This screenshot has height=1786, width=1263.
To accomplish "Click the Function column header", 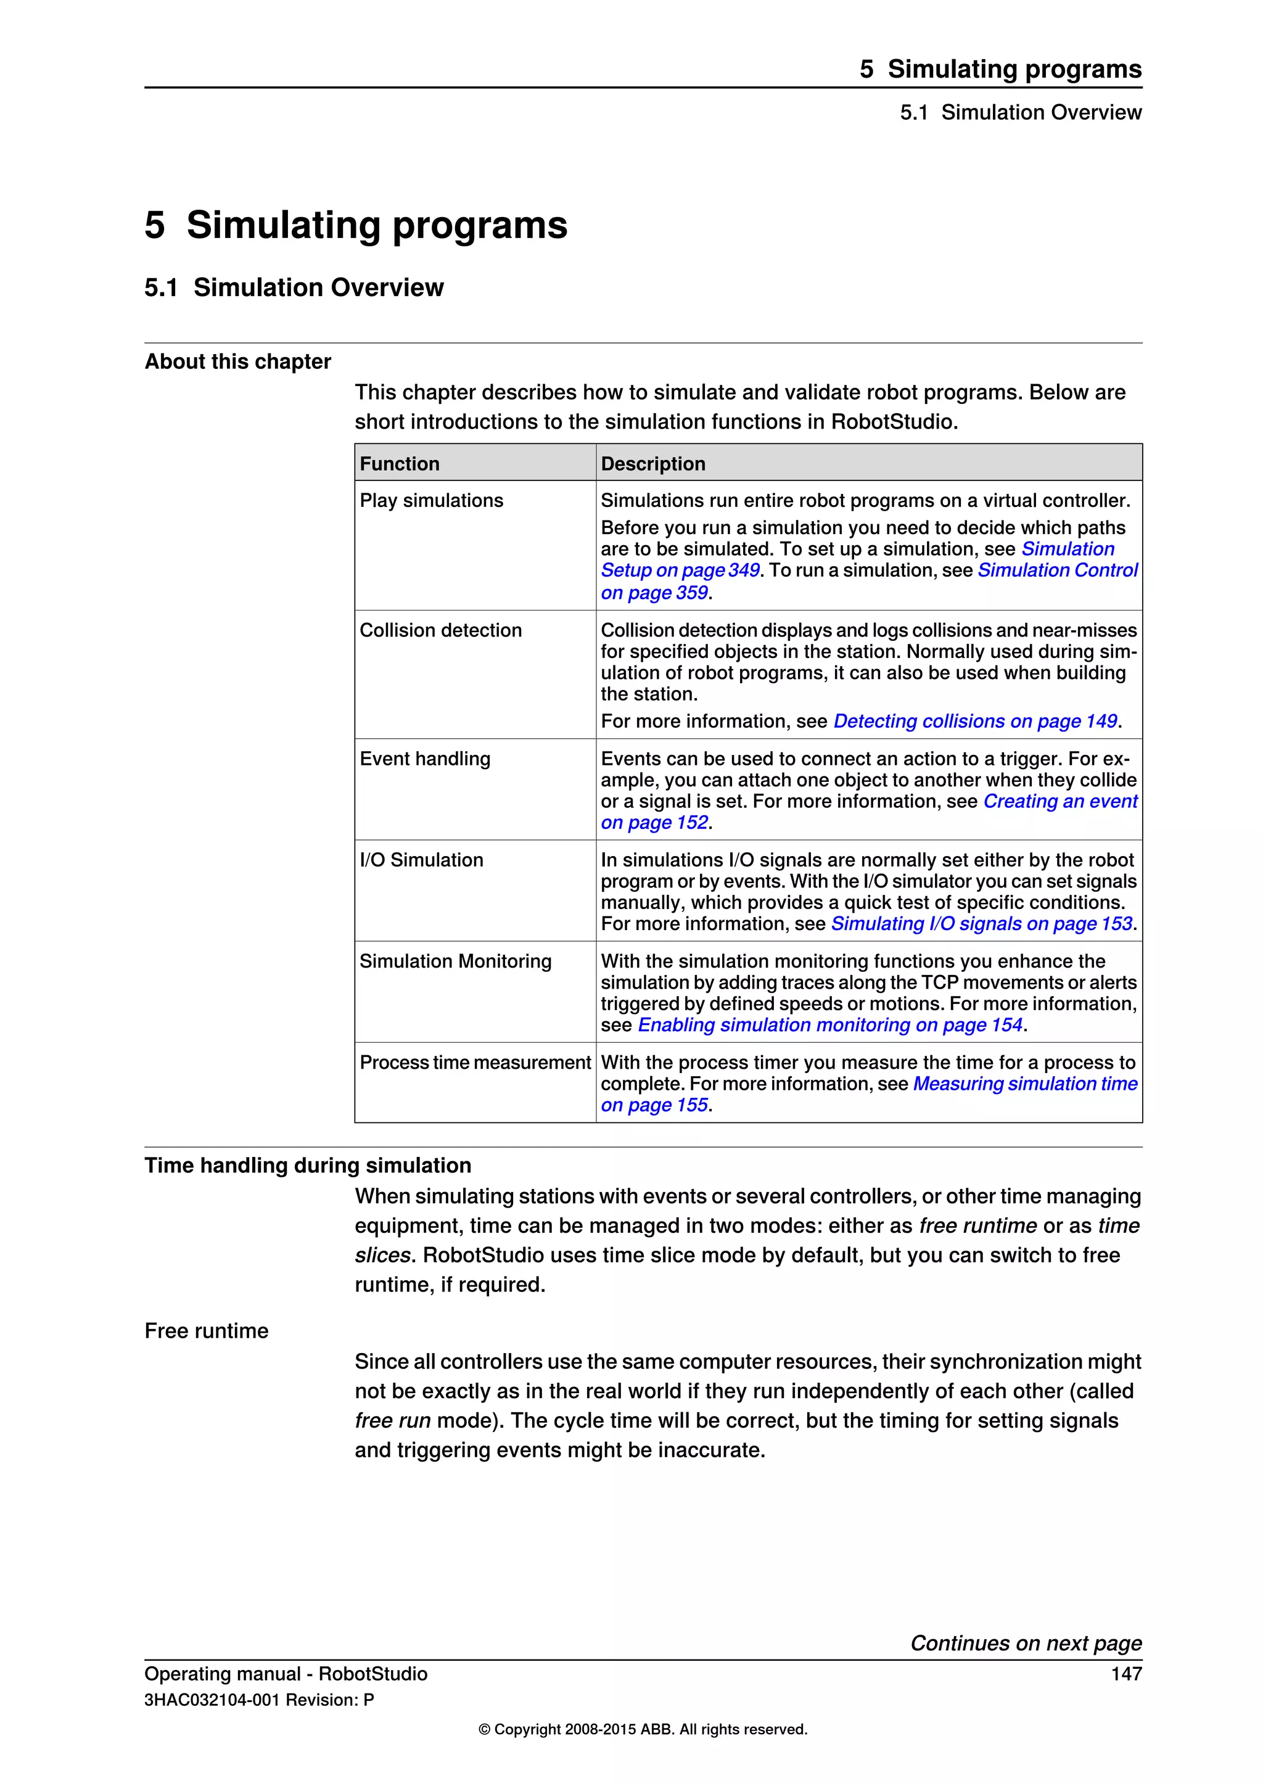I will coord(399,464).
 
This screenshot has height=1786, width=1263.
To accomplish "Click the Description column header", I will coord(652,464).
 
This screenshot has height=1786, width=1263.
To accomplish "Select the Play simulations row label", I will coord(431,500).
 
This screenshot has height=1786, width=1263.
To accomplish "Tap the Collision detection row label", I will coord(440,630).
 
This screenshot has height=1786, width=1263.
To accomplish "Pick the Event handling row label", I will coord(425,759).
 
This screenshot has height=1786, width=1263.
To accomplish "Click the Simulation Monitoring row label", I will coord(455,961).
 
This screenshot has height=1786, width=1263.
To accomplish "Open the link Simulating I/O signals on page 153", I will coord(981,923).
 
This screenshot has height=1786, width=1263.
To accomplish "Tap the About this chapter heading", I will coord(237,362).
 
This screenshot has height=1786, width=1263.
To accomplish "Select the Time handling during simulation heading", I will coord(307,1165).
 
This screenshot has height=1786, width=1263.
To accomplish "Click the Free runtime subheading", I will coord(206,1331).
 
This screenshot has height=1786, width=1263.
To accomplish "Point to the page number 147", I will coord(1126,1674).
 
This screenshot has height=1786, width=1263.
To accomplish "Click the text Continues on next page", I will coord(1026,1643).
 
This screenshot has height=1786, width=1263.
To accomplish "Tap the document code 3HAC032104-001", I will coord(212,1700).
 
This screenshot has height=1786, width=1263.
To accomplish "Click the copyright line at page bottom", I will coord(643,1729).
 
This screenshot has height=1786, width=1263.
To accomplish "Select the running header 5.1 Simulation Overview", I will coord(1021,113).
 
